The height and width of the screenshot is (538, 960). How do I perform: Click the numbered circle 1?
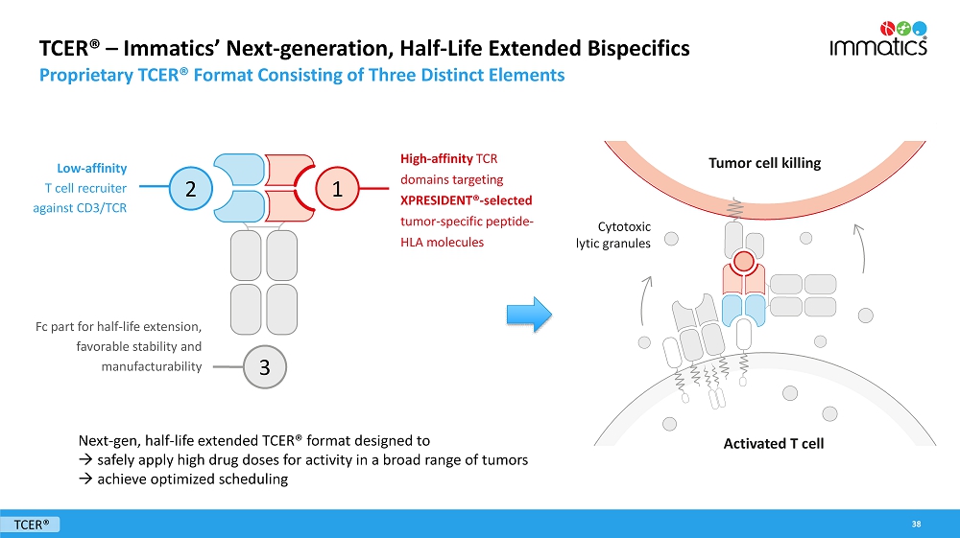point(337,189)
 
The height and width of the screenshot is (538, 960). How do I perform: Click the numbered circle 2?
point(191,189)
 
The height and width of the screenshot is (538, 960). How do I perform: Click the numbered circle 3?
point(264,366)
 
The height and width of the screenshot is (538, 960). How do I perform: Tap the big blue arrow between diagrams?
point(529,314)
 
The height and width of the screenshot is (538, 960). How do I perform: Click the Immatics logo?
point(877,39)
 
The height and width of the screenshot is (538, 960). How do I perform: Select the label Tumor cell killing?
point(764,163)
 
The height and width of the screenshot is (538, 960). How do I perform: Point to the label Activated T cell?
point(773,443)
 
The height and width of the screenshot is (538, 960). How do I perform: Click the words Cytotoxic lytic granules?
point(624,235)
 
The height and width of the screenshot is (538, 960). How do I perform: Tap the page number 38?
point(917,524)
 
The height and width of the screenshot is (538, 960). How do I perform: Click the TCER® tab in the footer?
point(32,524)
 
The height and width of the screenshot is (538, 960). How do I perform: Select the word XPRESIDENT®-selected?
point(466,200)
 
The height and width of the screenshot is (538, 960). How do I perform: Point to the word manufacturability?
point(151,366)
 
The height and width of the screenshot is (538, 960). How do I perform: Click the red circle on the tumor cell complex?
point(742,261)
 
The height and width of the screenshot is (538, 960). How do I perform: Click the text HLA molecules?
point(442,243)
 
